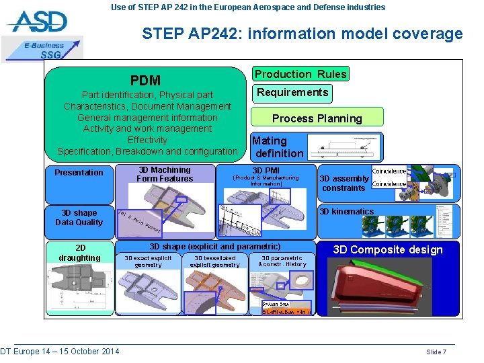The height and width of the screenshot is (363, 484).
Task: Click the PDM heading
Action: coord(145,81)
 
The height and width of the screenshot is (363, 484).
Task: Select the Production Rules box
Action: coord(300,74)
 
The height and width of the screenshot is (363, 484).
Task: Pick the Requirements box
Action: coord(292,93)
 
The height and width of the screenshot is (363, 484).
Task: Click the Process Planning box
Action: coord(317,118)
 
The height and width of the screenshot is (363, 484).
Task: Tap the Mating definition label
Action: coord(278,147)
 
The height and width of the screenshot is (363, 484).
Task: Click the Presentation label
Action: coord(79,173)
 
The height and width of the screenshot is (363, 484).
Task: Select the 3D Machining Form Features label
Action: coord(164,175)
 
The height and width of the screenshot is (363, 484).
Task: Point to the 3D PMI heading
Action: coord(266,171)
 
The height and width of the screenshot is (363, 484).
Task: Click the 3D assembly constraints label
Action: coord(344,183)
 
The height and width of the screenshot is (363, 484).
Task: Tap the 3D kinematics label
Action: coord(346,212)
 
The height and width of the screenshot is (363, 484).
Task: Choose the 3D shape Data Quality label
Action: coord(79,218)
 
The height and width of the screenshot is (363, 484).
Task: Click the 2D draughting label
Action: coord(79,253)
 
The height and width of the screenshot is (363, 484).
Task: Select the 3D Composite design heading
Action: coord(387,250)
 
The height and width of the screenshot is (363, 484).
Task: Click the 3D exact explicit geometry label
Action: coord(148,261)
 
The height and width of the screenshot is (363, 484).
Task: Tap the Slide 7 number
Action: coord(436,352)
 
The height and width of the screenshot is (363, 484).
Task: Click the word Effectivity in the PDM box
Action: coord(147,140)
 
